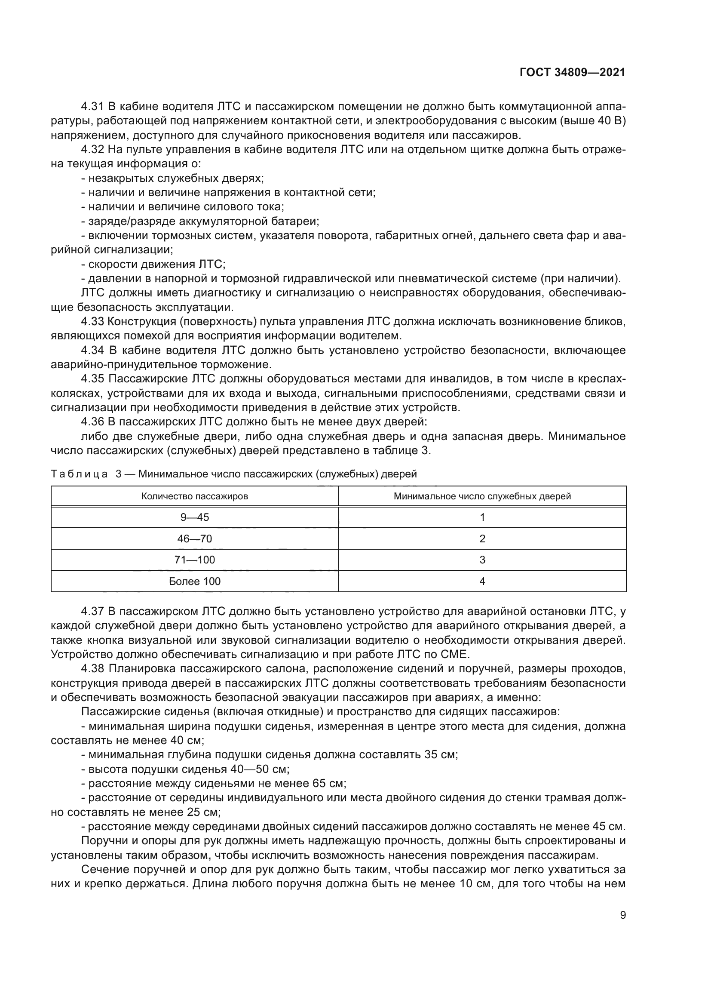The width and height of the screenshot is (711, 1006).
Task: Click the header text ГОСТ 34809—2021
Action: pos(572,73)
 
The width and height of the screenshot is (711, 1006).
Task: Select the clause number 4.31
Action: pos(92,107)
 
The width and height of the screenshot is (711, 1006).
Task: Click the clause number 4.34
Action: pos(92,350)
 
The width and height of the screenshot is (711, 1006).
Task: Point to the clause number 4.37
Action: pos(92,611)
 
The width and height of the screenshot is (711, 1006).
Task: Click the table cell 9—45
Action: pos(195,517)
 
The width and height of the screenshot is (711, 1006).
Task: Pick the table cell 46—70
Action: pos(195,538)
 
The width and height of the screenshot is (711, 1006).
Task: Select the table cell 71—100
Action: pos(195,560)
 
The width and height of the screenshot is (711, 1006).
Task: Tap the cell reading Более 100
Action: pos(195,581)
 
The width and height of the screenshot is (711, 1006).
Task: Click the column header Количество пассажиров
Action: pos(195,496)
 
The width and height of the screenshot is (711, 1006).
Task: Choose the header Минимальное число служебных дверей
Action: pos(482,496)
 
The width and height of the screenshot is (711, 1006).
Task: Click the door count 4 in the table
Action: pos(482,581)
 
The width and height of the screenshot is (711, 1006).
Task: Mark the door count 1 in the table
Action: pos(482,517)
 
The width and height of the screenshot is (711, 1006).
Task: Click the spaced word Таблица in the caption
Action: pos(79,474)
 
